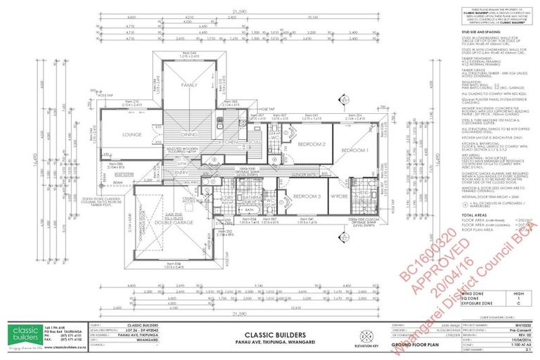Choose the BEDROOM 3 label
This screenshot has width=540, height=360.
point(307,195)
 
